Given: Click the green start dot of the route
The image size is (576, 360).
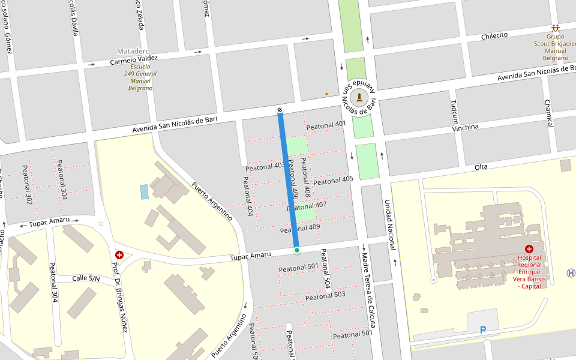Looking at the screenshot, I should click(x=296, y=250).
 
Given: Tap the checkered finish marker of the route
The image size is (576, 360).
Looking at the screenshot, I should click(x=280, y=110).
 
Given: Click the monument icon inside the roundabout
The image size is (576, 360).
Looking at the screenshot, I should click(x=359, y=97).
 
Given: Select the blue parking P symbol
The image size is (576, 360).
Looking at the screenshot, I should click(x=483, y=330).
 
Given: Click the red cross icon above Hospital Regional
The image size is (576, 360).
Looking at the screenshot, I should click(x=529, y=248).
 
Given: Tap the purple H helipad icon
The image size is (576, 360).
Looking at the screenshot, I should click(x=571, y=273).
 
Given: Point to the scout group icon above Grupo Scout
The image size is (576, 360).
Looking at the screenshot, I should click(x=556, y=28).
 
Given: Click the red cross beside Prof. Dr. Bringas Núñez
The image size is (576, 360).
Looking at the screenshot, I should click(x=119, y=255).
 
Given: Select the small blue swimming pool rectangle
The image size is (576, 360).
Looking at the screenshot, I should click(x=144, y=191).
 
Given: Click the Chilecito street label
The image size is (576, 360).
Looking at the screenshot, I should click(x=494, y=35).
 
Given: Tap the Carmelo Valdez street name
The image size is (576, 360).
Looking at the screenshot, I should click(x=134, y=60).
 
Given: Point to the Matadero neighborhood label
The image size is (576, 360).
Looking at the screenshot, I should click(x=134, y=51).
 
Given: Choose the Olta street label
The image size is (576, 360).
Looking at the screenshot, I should click(x=481, y=166).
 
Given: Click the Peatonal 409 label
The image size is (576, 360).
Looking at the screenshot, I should click(x=300, y=229).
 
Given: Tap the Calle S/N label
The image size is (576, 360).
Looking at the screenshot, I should click(x=86, y=278).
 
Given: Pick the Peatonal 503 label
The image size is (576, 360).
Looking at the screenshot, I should click(x=325, y=296).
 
